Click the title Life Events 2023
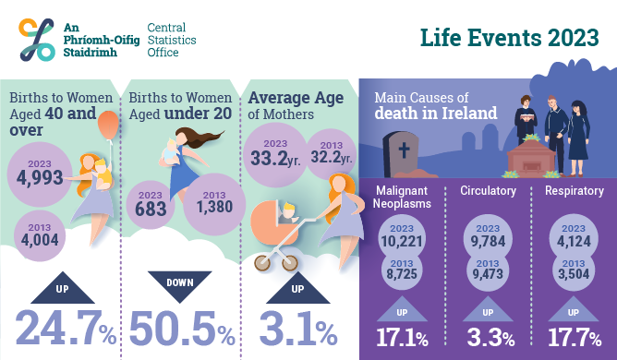(507, 39)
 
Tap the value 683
(151, 208)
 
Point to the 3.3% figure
(487, 336)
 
